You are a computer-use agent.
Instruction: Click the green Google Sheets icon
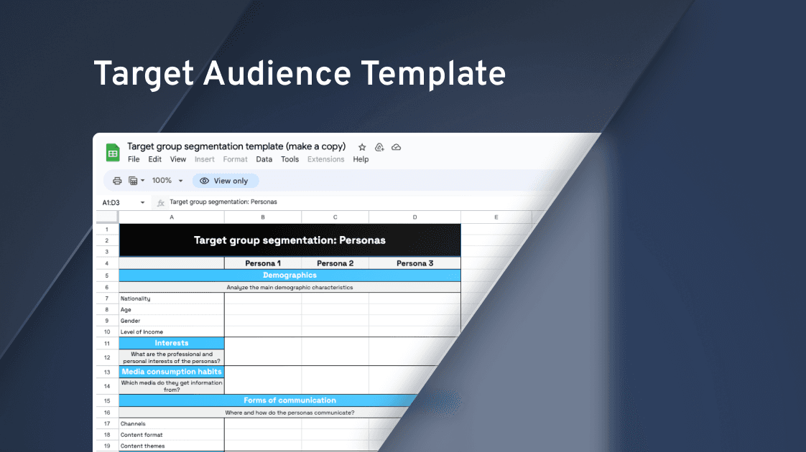click(x=113, y=153)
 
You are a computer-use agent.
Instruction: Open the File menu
click(x=134, y=159)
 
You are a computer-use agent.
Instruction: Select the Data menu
click(x=264, y=159)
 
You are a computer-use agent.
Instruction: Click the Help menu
click(x=361, y=159)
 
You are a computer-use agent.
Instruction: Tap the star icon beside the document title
click(x=362, y=147)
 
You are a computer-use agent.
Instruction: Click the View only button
click(x=225, y=181)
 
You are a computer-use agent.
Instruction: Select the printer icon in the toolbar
click(x=117, y=181)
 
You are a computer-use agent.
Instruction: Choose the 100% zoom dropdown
click(x=167, y=181)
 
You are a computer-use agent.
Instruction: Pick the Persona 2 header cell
click(x=335, y=263)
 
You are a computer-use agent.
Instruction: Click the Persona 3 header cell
click(x=414, y=263)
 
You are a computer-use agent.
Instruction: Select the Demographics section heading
click(x=290, y=276)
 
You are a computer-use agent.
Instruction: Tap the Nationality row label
click(x=135, y=298)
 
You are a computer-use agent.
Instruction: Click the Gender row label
click(x=130, y=321)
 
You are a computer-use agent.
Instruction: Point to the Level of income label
click(x=142, y=331)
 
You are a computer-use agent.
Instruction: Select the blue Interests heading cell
click(x=172, y=343)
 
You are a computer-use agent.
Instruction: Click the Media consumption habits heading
click(x=172, y=372)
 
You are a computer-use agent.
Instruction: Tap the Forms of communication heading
click(x=290, y=400)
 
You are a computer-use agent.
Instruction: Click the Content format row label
click(x=142, y=435)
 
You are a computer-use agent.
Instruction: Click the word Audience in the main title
click(x=277, y=73)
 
